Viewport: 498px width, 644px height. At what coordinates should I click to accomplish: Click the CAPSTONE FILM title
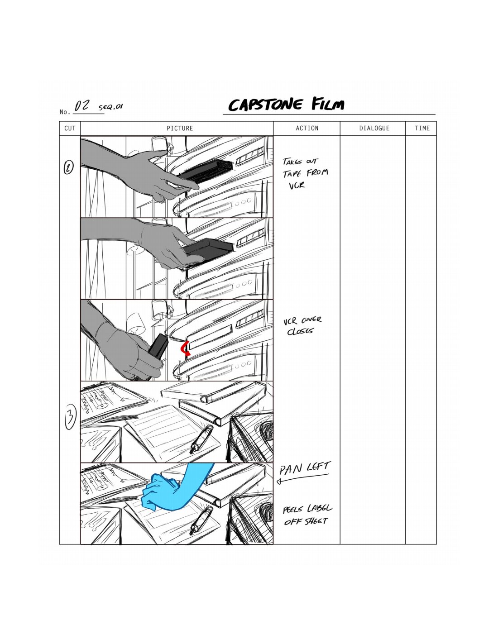point(286,105)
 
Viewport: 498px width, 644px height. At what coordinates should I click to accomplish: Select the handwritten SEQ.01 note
point(110,107)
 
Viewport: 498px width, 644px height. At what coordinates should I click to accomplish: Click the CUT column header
point(70,129)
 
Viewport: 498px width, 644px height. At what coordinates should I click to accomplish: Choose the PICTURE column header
point(180,129)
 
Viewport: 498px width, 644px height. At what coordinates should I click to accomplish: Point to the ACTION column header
point(307,129)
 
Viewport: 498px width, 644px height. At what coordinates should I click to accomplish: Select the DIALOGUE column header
point(374,129)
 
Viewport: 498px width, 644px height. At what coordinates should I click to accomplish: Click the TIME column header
point(422,129)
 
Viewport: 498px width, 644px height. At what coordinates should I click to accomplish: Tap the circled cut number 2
point(68,168)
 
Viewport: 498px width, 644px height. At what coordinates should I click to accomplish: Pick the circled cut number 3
point(70,418)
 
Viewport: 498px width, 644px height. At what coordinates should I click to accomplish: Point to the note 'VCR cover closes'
point(302,325)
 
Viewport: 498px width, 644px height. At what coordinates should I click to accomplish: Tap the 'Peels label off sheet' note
point(307,515)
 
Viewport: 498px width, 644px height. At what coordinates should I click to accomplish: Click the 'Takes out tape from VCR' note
point(305,173)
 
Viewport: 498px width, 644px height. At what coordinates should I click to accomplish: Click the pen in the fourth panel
point(201,438)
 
